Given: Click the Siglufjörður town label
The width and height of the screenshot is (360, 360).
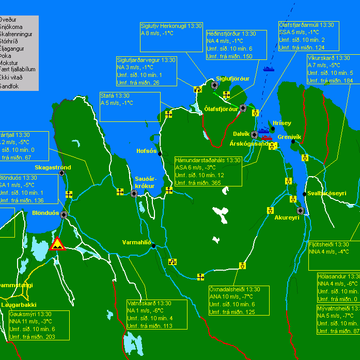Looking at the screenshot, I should click(x=232, y=79).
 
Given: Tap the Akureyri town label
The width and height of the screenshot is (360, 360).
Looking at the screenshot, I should click(x=287, y=218).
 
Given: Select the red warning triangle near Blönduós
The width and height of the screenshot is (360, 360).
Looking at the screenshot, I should click(x=57, y=244).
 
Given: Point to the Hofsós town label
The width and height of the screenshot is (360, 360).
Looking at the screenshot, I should click(x=146, y=151).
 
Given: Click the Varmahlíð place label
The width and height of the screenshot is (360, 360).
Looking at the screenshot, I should click(x=136, y=242).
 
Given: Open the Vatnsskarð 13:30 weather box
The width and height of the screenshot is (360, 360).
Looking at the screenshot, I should click(x=157, y=315).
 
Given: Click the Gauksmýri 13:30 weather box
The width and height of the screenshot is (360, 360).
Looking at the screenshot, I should click(x=39, y=325).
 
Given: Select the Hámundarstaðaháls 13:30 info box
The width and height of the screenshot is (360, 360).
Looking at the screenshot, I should click(x=208, y=171).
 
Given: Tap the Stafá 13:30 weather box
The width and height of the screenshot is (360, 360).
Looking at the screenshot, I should click(x=132, y=107).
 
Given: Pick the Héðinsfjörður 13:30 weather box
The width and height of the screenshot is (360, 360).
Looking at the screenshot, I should click(x=230, y=44).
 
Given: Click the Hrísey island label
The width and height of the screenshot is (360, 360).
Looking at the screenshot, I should click(x=281, y=123).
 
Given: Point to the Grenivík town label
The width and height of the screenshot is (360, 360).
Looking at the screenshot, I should click(x=289, y=137).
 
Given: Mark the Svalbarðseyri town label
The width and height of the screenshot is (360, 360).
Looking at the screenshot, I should click(x=326, y=194).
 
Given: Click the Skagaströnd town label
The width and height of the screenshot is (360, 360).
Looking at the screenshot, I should click(x=53, y=168).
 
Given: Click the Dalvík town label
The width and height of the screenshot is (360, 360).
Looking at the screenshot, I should click(x=241, y=134).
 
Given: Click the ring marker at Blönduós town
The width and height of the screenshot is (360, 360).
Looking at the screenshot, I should click(x=64, y=215).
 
